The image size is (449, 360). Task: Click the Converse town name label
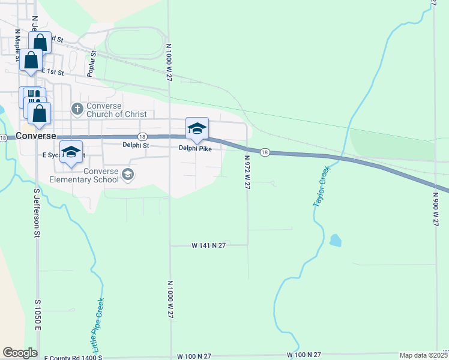point(36,135)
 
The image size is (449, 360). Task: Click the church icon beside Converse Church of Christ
point(77,109)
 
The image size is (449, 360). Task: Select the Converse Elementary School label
point(84,175)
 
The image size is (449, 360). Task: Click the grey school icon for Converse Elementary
point(127,174)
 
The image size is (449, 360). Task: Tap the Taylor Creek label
point(322,188)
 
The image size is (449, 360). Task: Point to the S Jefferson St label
point(37,213)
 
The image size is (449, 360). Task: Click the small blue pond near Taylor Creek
point(335,241)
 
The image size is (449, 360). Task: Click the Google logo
point(20,353)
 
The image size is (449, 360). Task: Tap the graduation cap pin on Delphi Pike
point(197,129)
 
